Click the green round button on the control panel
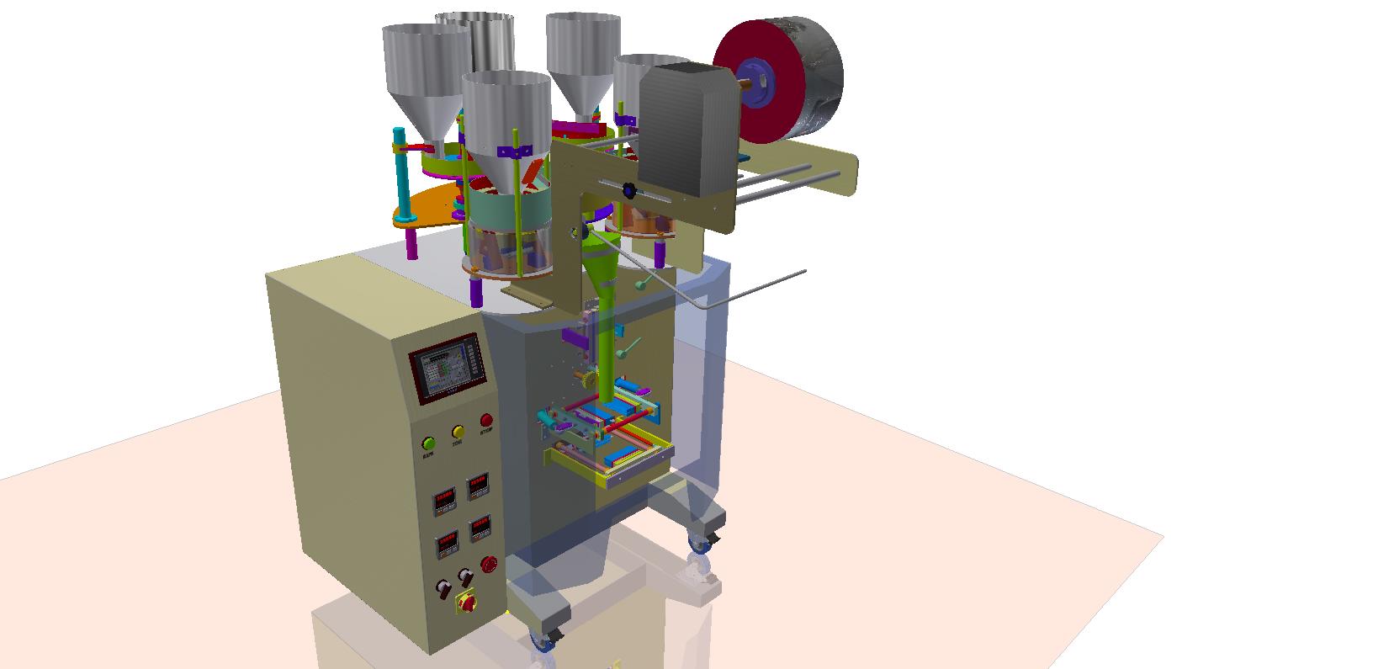[x=429, y=443]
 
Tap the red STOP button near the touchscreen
[x=486, y=421]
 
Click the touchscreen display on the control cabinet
[x=448, y=369]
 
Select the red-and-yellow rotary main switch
[x=464, y=603]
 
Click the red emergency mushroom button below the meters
[x=489, y=563]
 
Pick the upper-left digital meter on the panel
[x=444, y=502]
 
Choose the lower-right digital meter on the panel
[x=480, y=527]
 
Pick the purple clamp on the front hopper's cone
[x=514, y=152]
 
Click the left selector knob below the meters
[x=441, y=588]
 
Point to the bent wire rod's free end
[x=805, y=271]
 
